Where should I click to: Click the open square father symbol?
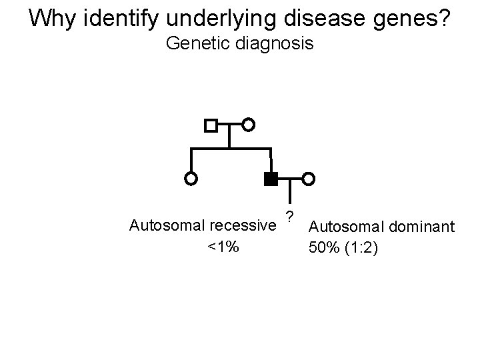[211, 125]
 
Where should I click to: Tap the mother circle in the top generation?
[248, 125]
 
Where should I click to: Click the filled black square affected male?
[270, 179]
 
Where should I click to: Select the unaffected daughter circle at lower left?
[191, 179]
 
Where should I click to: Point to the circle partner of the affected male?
[309, 179]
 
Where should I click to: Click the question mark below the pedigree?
[289, 215]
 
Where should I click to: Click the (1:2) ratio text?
[363, 250]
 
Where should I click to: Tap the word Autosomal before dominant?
[347, 229]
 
